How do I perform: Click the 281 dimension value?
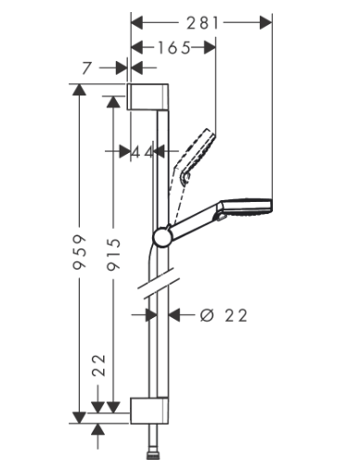(202, 23)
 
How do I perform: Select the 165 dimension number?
(174, 48)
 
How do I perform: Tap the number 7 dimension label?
(87, 68)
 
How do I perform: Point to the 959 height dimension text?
(79, 252)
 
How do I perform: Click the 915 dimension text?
(113, 255)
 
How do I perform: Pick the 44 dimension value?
(142, 152)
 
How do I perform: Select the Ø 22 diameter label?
(224, 315)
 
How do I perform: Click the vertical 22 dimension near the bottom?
(99, 365)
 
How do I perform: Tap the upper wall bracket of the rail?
(148, 96)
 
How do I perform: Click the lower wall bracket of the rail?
(149, 411)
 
